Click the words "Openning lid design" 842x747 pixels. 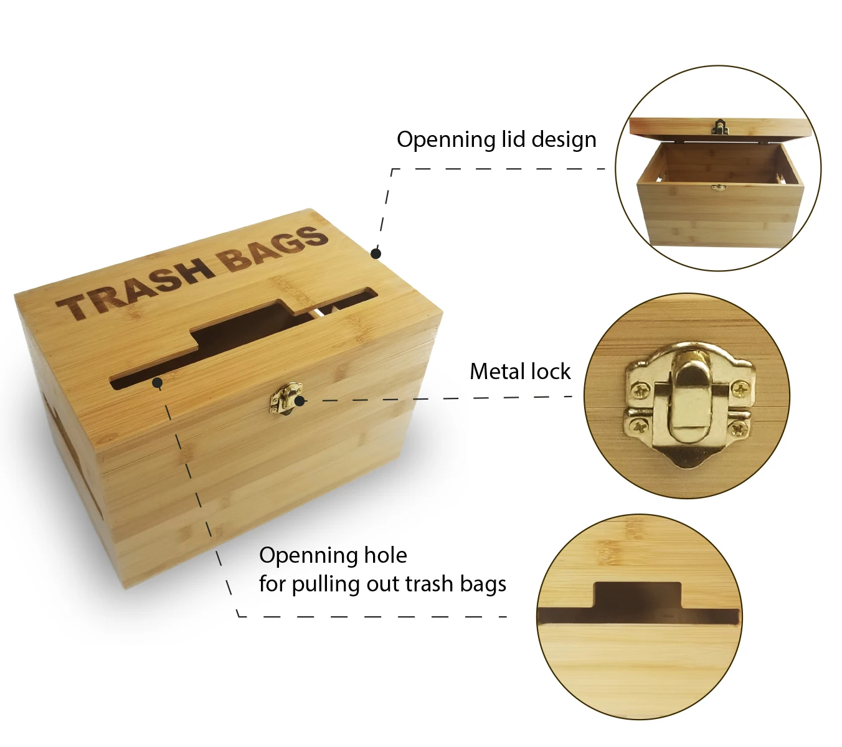tap(496, 139)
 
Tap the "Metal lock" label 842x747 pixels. tap(519, 372)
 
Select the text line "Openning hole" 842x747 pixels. tap(333, 555)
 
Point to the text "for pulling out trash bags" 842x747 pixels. tap(382, 584)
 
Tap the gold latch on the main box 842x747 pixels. tap(285, 398)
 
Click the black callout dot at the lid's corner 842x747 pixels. tap(376, 253)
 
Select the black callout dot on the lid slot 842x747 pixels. tap(158, 382)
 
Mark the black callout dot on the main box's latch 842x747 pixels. tap(300, 401)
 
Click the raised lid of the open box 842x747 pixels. tap(721, 128)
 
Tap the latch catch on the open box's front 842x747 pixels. tap(719, 187)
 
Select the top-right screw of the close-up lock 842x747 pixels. tap(739, 390)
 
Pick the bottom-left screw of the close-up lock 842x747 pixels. tap(639, 426)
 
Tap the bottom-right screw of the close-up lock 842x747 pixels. tap(738, 428)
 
